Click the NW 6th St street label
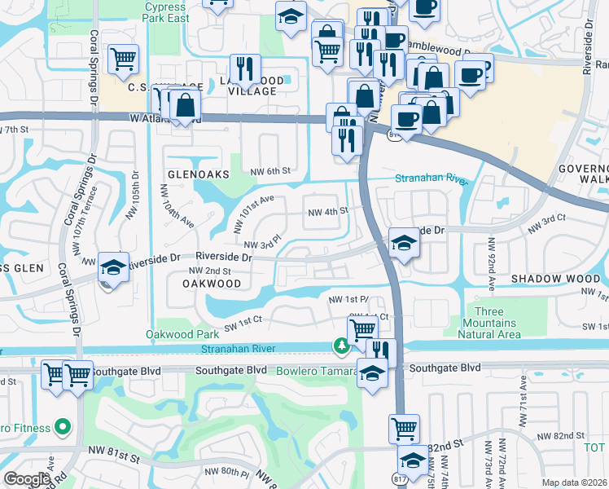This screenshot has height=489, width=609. pos(270,170)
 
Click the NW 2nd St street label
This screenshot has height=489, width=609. pos(210,271)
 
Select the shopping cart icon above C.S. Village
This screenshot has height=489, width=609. pos(124,58)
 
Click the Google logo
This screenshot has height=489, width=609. pos(27,479)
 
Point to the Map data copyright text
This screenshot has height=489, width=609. pos(575,482)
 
